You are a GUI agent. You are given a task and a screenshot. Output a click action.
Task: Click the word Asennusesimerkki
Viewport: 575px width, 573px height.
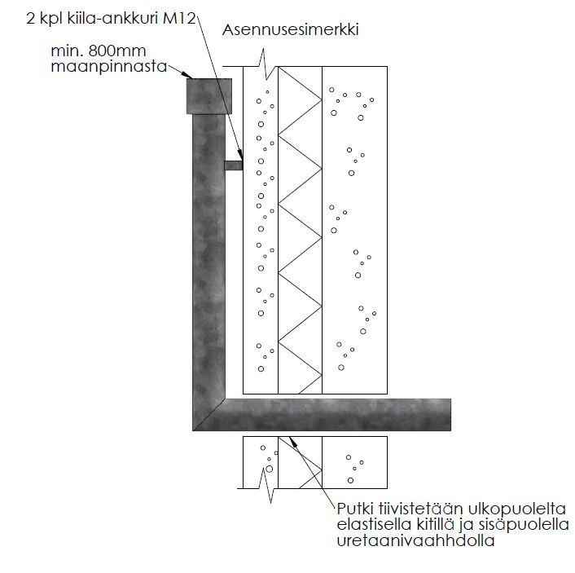[291, 31]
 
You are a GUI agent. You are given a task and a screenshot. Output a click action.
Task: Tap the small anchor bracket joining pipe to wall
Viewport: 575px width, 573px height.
[234, 165]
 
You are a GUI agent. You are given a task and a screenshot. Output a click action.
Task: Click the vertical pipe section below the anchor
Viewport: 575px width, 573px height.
[208, 285]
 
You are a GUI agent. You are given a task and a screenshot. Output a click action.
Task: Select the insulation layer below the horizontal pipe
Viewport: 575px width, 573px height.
[300, 463]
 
